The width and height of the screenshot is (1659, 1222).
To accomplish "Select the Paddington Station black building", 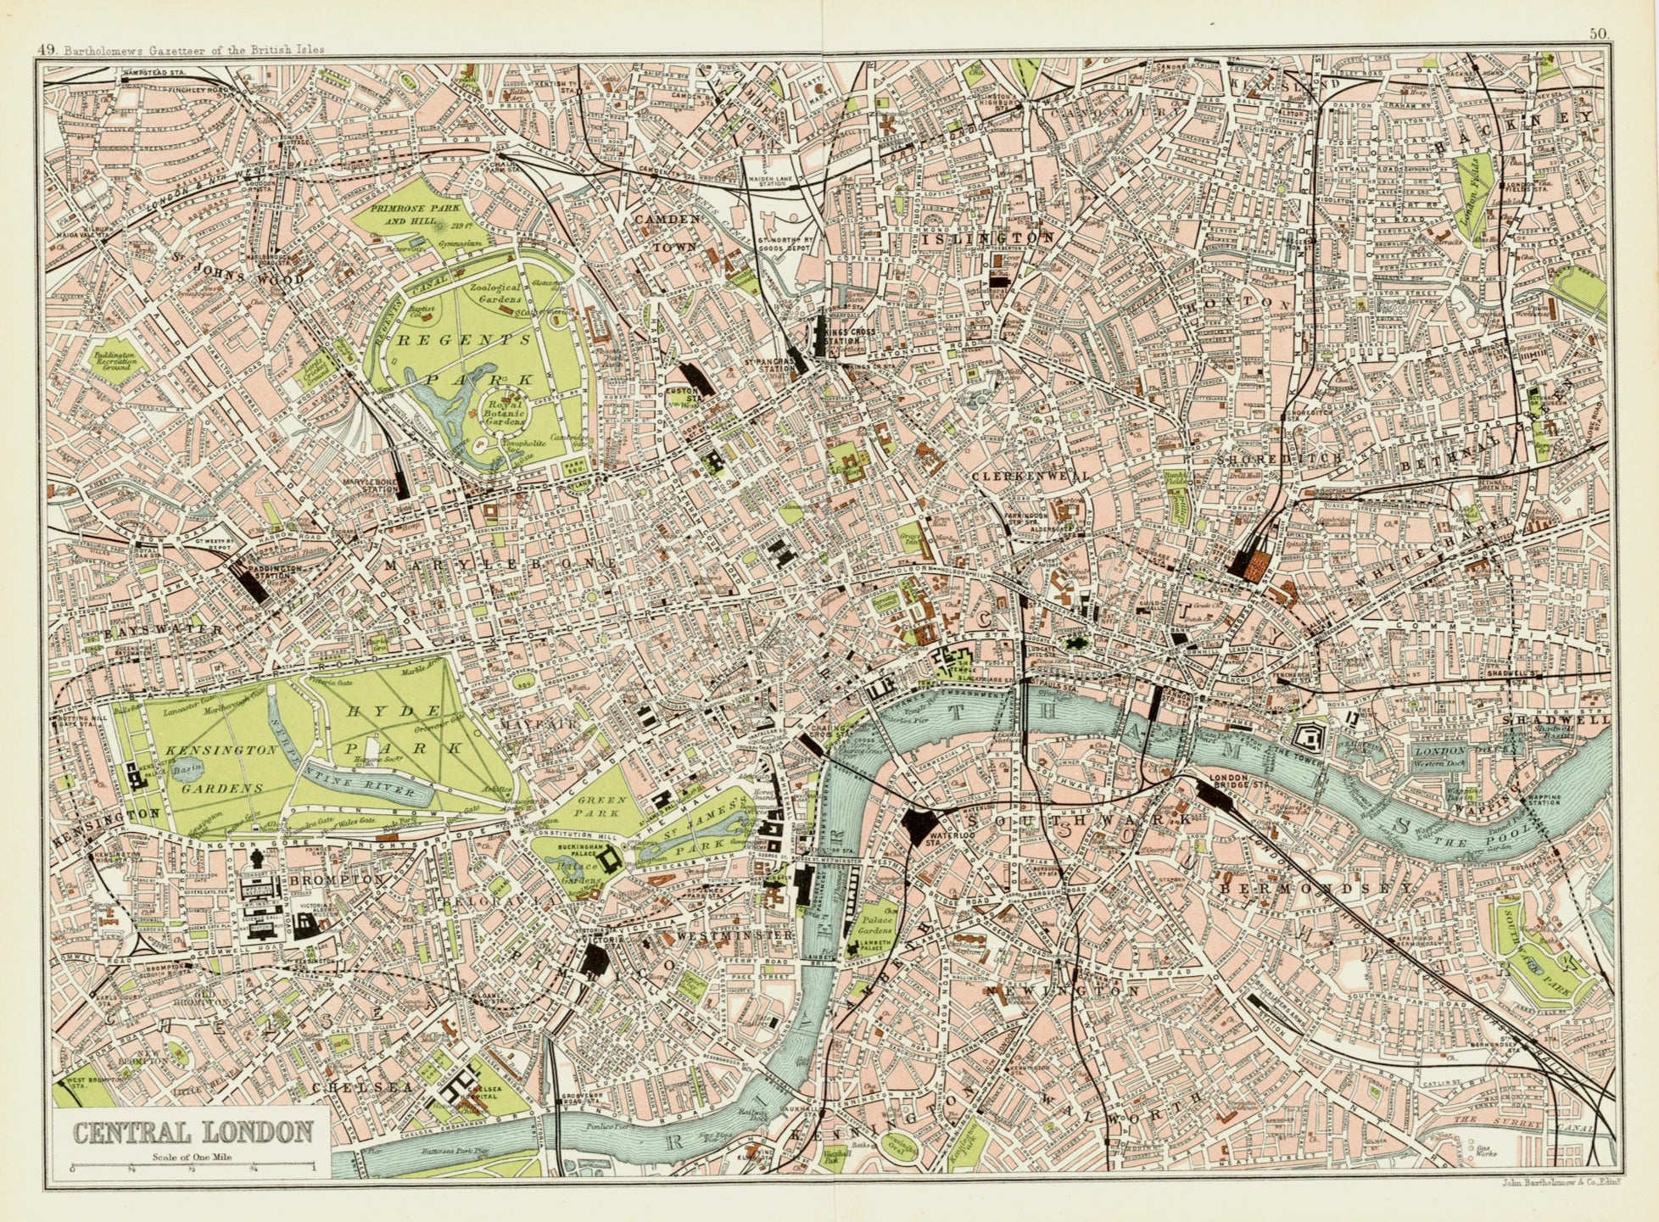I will tap(254, 584).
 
